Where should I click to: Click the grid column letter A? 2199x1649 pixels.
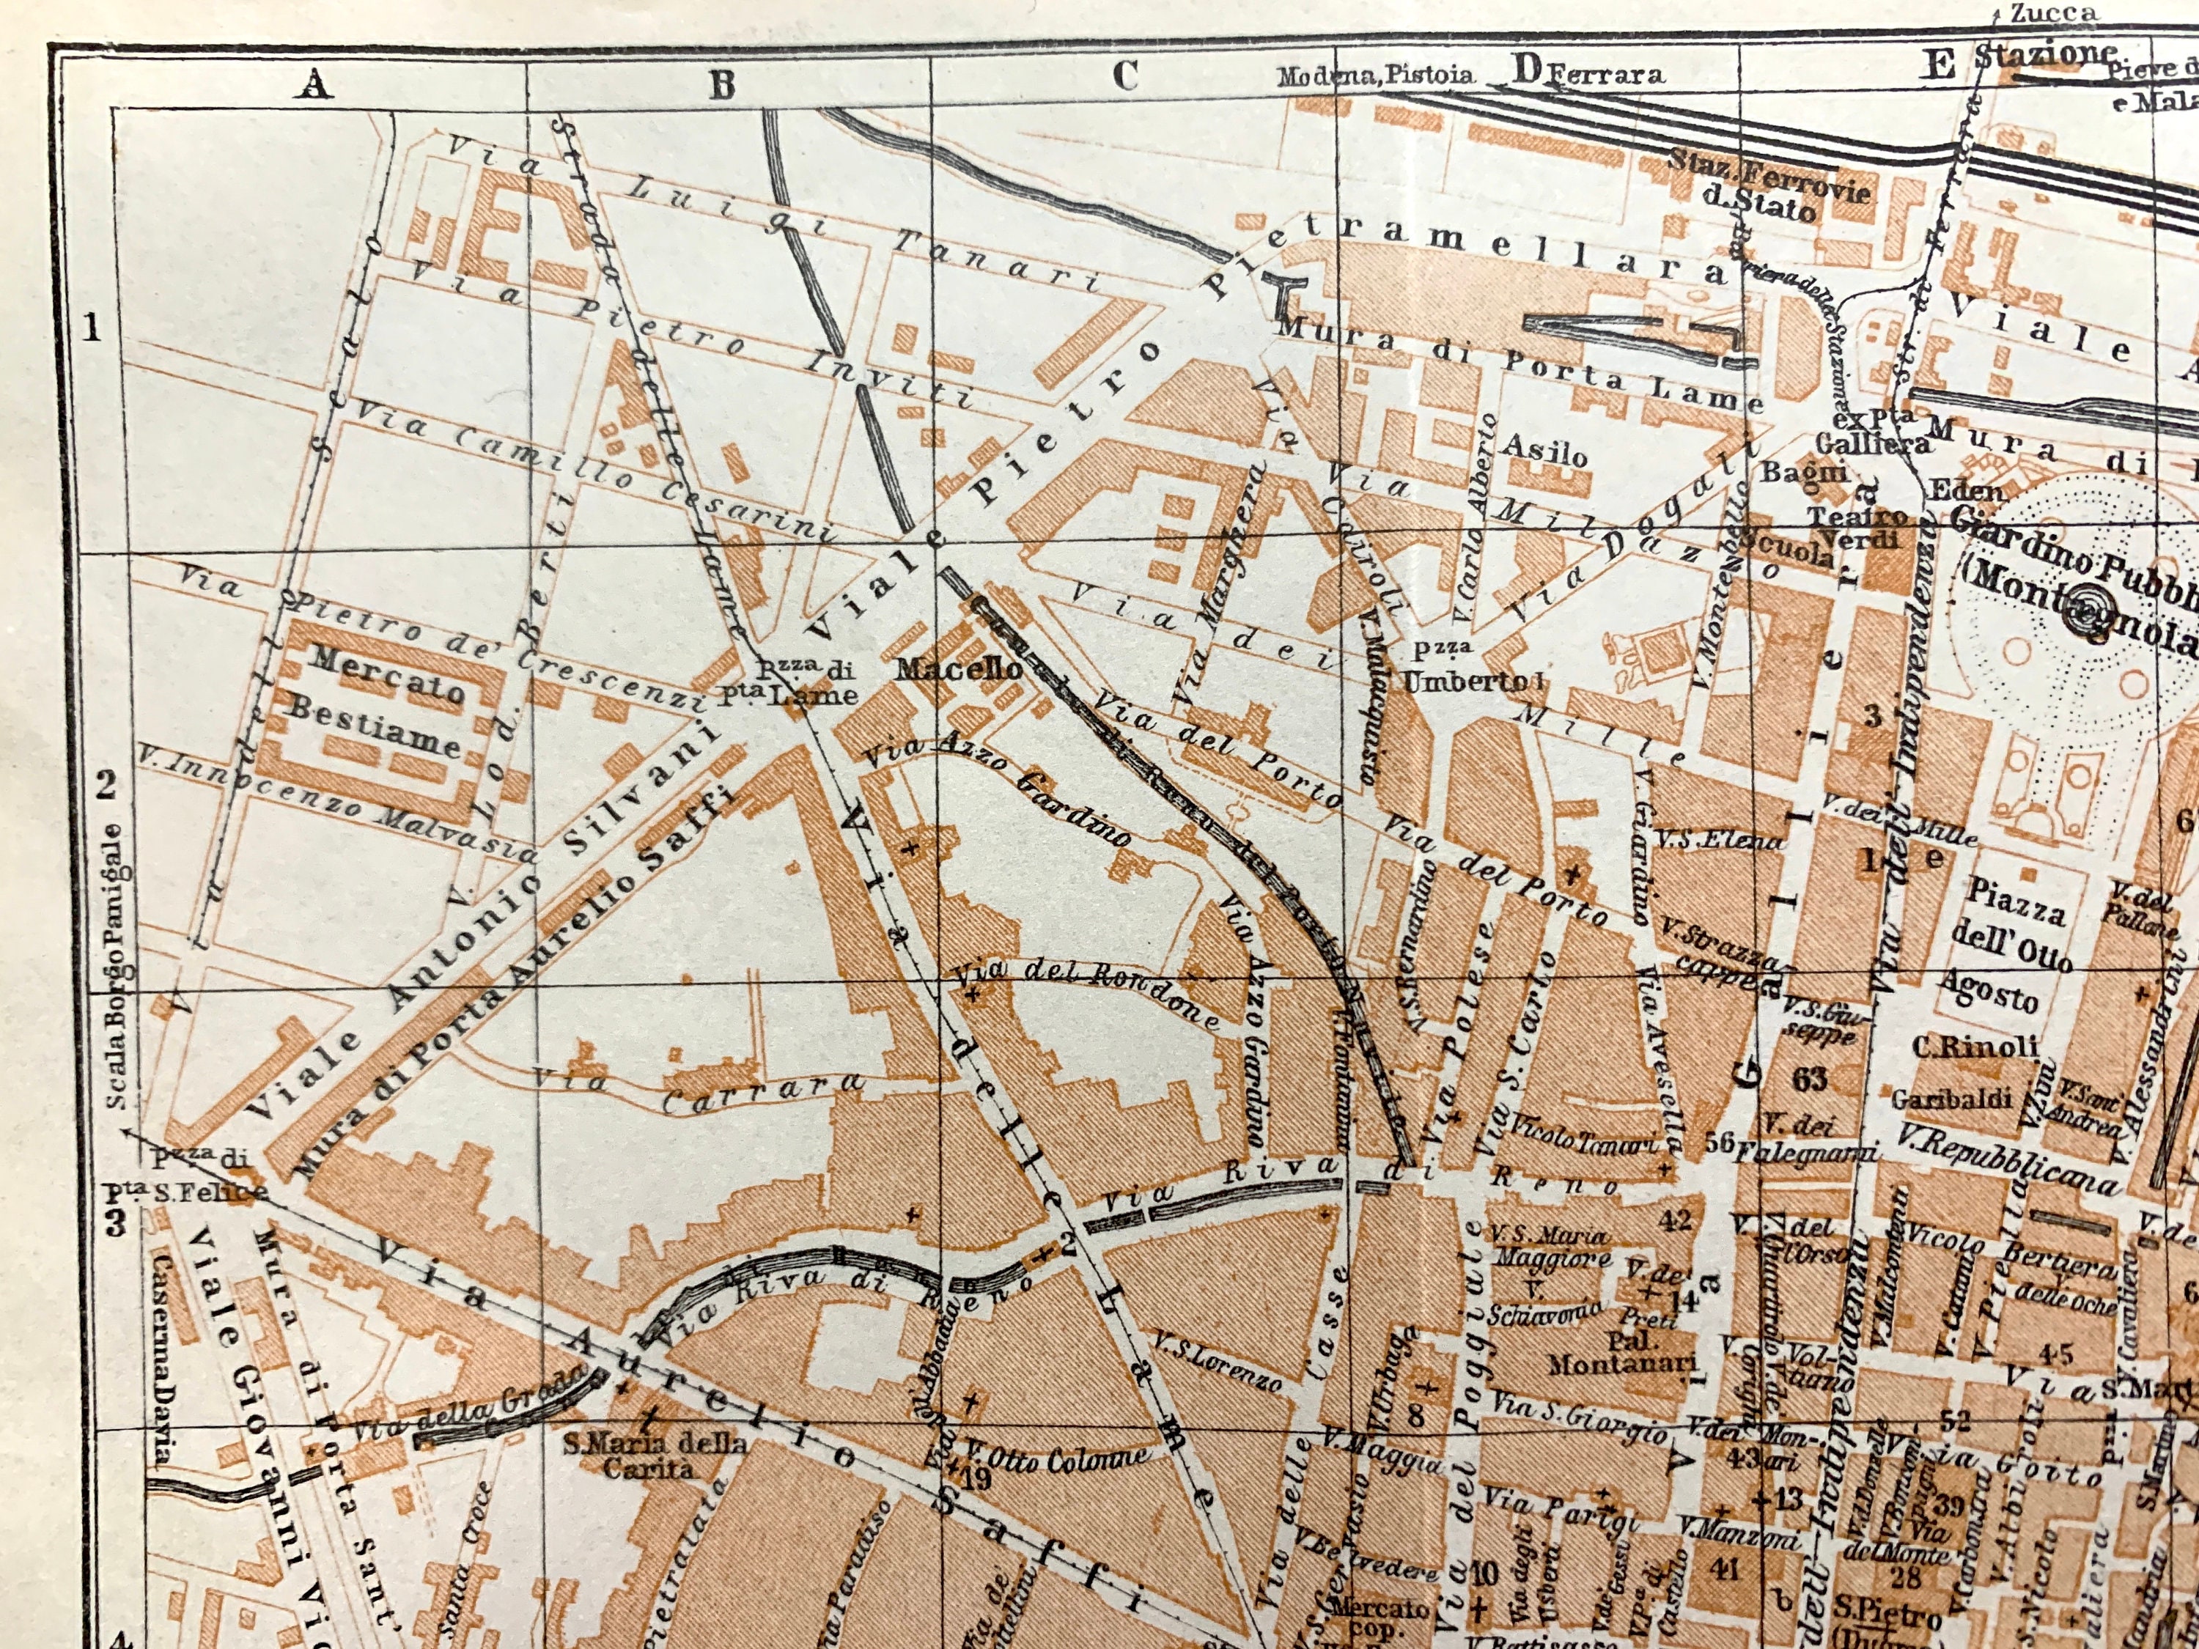pos(314,86)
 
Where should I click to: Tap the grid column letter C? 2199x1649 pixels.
pos(1124,75)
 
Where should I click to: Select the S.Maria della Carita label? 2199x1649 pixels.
pos(654,1453)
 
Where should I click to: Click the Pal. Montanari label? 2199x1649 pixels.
pos(1621,1351)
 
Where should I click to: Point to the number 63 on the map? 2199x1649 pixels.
pos(1809,1079)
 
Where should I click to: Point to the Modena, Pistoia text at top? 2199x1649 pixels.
pos(1374,75)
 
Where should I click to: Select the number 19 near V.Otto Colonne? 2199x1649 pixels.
pos(976,1479)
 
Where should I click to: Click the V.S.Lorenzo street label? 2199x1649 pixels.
pos(1217,1360)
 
